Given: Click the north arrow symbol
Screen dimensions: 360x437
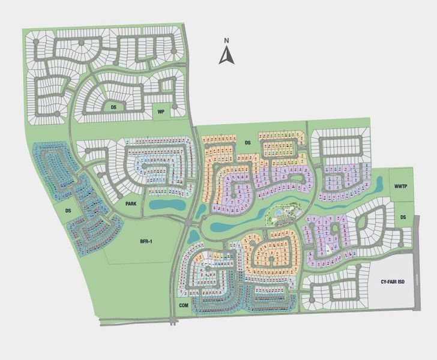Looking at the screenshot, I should coord(226,55).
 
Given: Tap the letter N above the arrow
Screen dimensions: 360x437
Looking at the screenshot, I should coord(226,41).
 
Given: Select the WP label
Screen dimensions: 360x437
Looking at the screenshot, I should coord(160,112).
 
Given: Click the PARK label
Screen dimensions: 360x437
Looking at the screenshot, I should coord(131,204).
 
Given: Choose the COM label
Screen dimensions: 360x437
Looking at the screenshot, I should coord(184,305).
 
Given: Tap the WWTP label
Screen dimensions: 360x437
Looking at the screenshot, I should coord(401,187).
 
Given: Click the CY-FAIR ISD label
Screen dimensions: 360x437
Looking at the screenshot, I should coord(393,281).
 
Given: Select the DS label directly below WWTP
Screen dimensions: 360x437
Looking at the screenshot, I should coord(403,217).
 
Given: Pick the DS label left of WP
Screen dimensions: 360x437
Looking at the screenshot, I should coord(113,107).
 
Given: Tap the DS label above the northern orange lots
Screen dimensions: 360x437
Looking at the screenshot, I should coord(247,142).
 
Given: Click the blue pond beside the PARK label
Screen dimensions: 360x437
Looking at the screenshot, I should coord(166,205).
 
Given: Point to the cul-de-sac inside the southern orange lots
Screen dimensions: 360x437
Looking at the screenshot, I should coord(273,259).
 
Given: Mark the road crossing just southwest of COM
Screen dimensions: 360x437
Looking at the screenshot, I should coord(174,320).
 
